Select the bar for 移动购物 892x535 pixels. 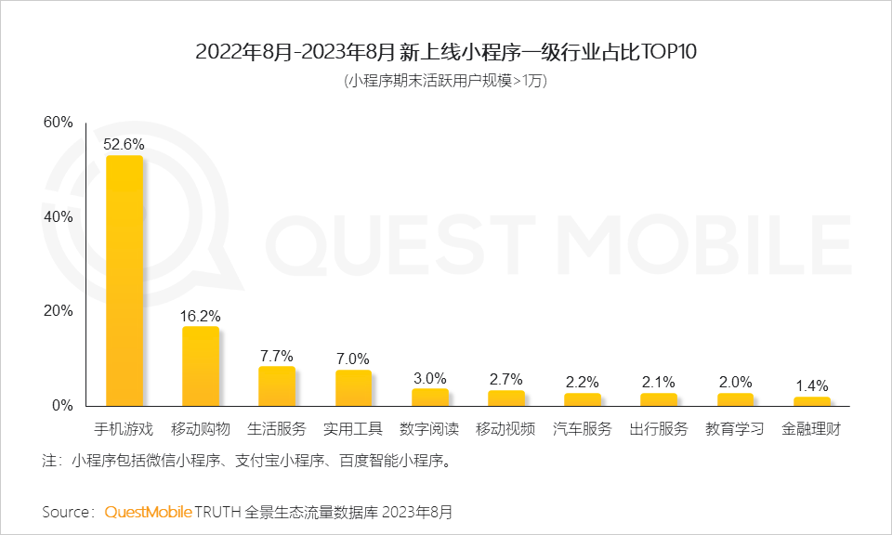click(x=201, y=366)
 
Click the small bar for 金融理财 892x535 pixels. click(x=811, y=401)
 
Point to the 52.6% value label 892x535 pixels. click(x=124, y=144)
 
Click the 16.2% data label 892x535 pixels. click(x=200, y=316)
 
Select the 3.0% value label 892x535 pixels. click(x=429, y=378)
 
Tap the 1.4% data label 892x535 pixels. click(x=811, y=385)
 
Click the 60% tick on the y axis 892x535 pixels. click(x=58, y=123)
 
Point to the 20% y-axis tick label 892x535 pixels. click(x=58, y=311)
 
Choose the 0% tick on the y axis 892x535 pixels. click(x=61, y=406)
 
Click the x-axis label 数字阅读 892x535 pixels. click(x=429, y=429)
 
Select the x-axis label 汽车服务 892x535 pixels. click(x=583, y=429)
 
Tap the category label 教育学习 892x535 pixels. click(x=735, y=429)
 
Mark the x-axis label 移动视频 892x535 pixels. click(x=505, y=429)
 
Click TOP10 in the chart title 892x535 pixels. click(x=668, y=52)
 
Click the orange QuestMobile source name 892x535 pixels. click(x=149, y=512)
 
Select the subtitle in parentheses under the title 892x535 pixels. click(x=446, y=81)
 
